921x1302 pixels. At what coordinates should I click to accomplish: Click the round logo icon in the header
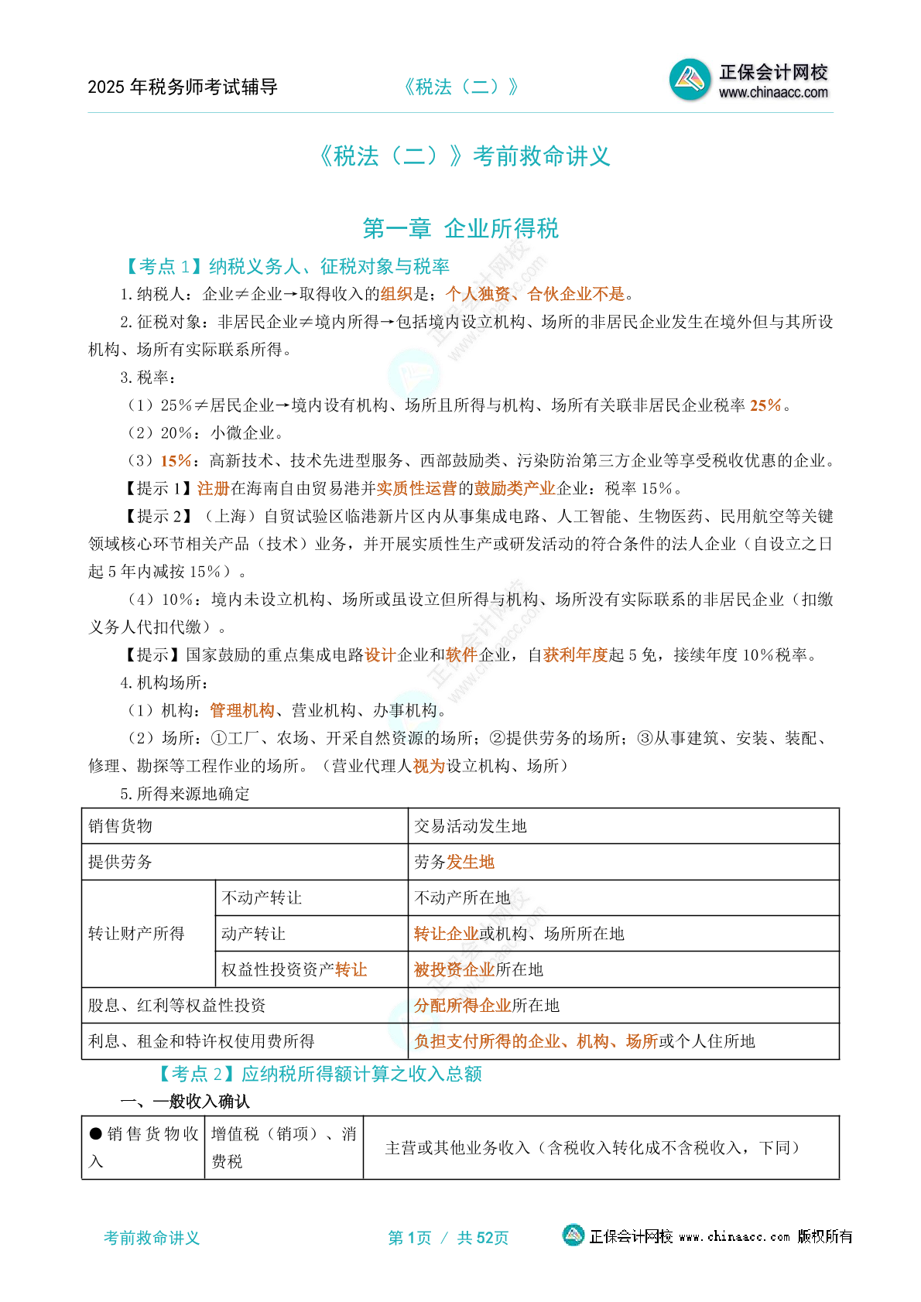tap(690, 80)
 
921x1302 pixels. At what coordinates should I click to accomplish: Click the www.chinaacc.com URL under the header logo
tap(773, 93)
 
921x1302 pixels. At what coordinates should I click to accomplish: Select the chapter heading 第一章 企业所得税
tap(460, 228)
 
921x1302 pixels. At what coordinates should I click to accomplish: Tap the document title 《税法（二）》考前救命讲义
tap(464, 156)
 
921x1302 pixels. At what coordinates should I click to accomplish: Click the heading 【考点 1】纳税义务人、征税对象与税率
tap(286, 267)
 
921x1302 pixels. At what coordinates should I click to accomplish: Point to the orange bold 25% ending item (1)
tap(765, 405)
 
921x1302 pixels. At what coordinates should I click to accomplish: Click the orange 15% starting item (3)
tap(176, 461)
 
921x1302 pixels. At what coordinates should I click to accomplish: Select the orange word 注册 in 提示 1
tap(214, 489)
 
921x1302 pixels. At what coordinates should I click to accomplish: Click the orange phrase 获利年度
tap(576, 655)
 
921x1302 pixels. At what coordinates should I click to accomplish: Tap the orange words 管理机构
tap(242, 711)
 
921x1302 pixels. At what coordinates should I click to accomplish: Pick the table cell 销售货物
tap(121, 826)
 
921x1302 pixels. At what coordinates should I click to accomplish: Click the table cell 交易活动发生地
tap(471, 826)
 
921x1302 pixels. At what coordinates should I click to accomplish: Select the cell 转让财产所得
tap(136, 934)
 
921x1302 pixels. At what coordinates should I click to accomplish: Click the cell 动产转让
tap(254, 934)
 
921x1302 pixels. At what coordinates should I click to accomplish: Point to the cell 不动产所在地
tap(463, 897)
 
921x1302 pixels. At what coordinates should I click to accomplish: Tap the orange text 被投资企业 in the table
tap(454, 970)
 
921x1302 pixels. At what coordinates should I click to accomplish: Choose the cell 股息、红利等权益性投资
tap(177, 1006)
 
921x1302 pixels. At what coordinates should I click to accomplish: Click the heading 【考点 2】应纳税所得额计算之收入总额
tap(320, 1074)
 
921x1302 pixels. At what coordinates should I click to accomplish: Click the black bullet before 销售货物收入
tap(96, 1134)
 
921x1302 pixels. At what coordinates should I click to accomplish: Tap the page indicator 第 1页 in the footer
tap(409, 1238)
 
